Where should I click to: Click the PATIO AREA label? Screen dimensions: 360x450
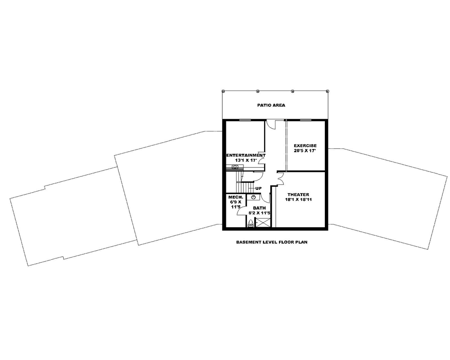point(271,105)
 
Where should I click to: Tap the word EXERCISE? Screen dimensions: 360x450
point(305,145)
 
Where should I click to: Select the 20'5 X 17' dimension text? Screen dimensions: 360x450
point(305,151)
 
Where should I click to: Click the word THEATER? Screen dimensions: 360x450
point(298,194)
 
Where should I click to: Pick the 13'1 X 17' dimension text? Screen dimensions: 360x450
point(246,160)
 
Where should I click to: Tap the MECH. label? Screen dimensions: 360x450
point(236,198)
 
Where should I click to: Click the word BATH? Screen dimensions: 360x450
point(259,208)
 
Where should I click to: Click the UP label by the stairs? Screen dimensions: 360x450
point(259,188)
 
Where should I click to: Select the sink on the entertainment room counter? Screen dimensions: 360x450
point(235,167)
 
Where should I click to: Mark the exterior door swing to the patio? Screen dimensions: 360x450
point(271,124)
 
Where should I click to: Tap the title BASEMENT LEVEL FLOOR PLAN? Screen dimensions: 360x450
point(271,242)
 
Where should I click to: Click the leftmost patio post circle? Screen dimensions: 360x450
point(223,91)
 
